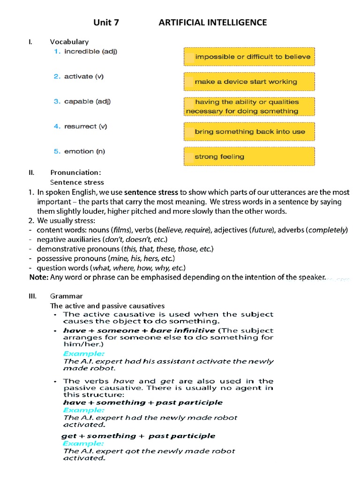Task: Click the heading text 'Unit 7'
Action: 106,22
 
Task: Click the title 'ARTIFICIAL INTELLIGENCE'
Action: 213,22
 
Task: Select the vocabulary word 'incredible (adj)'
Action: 90,51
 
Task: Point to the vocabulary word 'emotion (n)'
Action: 84,151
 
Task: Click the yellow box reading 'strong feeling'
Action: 248,157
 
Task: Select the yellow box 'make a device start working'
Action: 248,82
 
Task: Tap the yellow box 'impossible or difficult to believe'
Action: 248,57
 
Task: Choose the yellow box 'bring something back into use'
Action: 248,132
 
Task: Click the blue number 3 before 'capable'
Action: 57,101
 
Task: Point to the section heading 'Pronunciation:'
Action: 75,172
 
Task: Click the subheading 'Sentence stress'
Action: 77,182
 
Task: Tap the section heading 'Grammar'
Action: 66,296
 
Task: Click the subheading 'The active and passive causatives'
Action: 107,306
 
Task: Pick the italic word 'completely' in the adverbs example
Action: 327,230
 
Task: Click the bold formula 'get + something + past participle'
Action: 138,436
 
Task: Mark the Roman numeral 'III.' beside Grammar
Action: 33,296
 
